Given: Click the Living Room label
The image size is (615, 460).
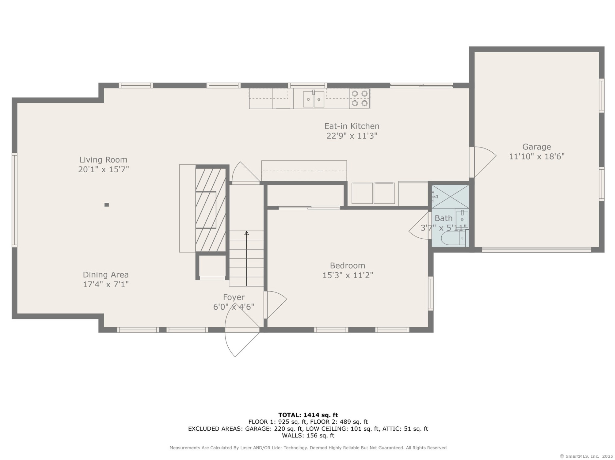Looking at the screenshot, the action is pos(103,160).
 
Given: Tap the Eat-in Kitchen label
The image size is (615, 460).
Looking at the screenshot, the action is pos(352,126).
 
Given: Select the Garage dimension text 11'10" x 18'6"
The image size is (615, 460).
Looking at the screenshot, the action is pos(536,156).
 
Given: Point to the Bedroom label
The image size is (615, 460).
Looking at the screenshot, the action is pos(347,265).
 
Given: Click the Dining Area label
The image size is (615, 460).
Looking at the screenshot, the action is pos(106,275).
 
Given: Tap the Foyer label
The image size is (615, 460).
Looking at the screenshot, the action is pos(234,297).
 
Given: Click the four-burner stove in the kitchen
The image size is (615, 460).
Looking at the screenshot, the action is pos(360,98).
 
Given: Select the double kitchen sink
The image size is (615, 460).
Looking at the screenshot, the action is pos(313,99).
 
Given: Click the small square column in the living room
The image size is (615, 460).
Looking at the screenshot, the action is pos(107,205).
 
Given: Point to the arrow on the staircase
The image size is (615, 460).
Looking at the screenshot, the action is pos(246,258).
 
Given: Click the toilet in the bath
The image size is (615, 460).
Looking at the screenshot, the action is pos(453,238).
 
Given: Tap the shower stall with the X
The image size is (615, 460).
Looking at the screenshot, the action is pos(450,196).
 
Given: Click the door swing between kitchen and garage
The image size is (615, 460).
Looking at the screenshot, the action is pos(483,162).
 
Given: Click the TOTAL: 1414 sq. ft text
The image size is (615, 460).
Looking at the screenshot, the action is pos(308,415).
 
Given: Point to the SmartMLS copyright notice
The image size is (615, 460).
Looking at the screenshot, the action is pos(586,456).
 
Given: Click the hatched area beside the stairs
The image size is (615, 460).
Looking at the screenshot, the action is pos(211,210).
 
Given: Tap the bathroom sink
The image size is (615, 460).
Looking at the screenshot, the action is pos(462,219).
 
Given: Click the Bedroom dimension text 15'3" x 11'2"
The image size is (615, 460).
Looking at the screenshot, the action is pos(347,275).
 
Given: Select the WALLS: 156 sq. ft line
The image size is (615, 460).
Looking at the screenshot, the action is pos(308,435).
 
